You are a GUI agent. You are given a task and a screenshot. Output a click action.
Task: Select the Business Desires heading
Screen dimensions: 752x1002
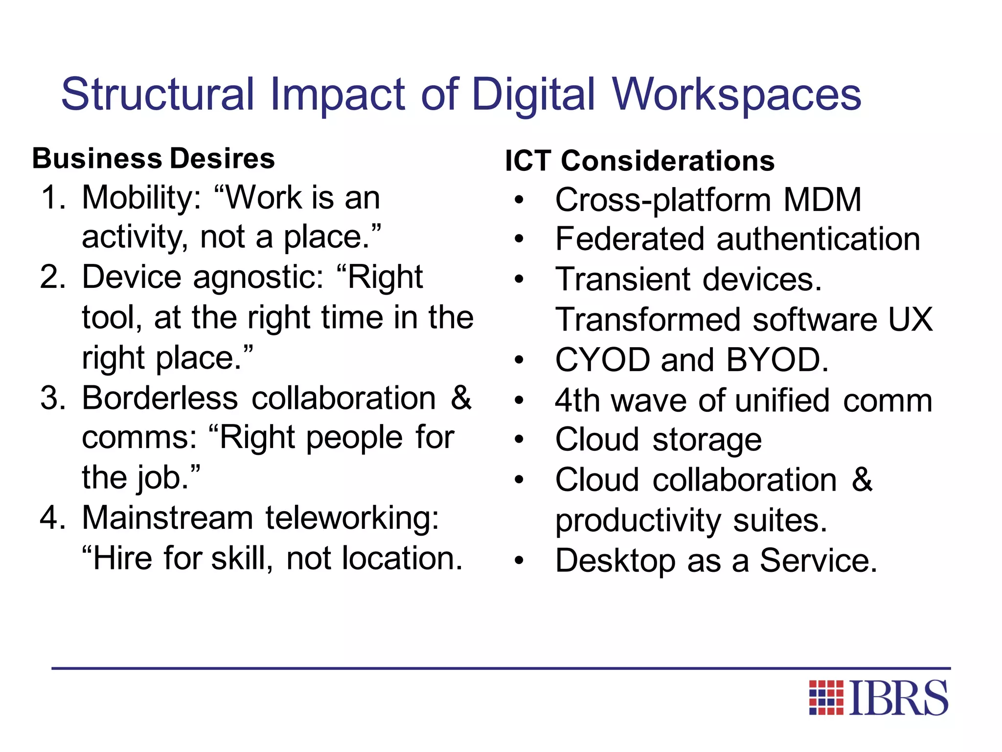154,159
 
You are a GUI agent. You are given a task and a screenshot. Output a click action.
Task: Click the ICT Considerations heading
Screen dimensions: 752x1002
639,161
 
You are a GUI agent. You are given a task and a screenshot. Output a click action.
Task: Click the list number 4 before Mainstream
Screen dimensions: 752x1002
52,518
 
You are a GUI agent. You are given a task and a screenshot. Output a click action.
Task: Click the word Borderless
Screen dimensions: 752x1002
159,398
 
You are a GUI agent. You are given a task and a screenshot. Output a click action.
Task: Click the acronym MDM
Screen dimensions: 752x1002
822,200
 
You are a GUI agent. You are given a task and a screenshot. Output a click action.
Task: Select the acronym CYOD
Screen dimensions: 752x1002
602,360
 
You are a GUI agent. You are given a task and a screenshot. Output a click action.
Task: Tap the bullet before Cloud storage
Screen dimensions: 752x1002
519,440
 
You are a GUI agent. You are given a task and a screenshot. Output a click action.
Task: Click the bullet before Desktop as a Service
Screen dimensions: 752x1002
519,561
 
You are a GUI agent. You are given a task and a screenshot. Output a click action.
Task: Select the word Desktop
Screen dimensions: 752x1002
615,561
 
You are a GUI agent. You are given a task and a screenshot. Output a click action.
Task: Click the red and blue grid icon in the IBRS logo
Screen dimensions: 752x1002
826,697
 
